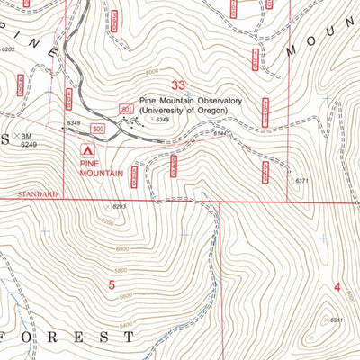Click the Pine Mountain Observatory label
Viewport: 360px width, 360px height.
(190, 102)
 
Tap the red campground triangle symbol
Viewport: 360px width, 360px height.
(88, 151)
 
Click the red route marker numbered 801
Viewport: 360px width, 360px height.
(126, 107)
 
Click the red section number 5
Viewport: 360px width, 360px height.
(112, 286)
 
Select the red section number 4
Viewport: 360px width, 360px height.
(337, 287)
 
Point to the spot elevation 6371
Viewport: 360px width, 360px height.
(302, 181)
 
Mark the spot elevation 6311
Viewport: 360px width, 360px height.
(337, 320)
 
